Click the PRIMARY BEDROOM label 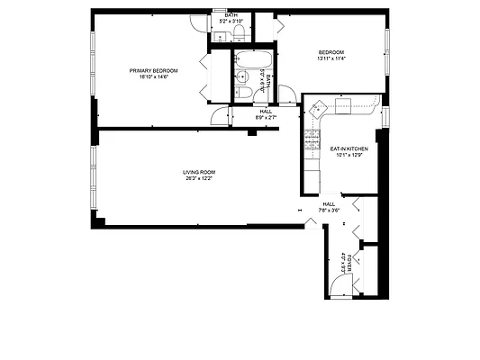click(x=153, y=70)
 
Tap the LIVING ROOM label click(x=199, y=172)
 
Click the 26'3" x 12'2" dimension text click(x=199, y=178)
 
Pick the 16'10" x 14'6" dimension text click(x=153, y=76)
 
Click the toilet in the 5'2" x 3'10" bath click(x=239, y=32)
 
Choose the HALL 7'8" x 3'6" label click(x=329, y=207)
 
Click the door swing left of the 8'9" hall click(x=219, y=115)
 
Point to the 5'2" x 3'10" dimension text click(x=232, y=21)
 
